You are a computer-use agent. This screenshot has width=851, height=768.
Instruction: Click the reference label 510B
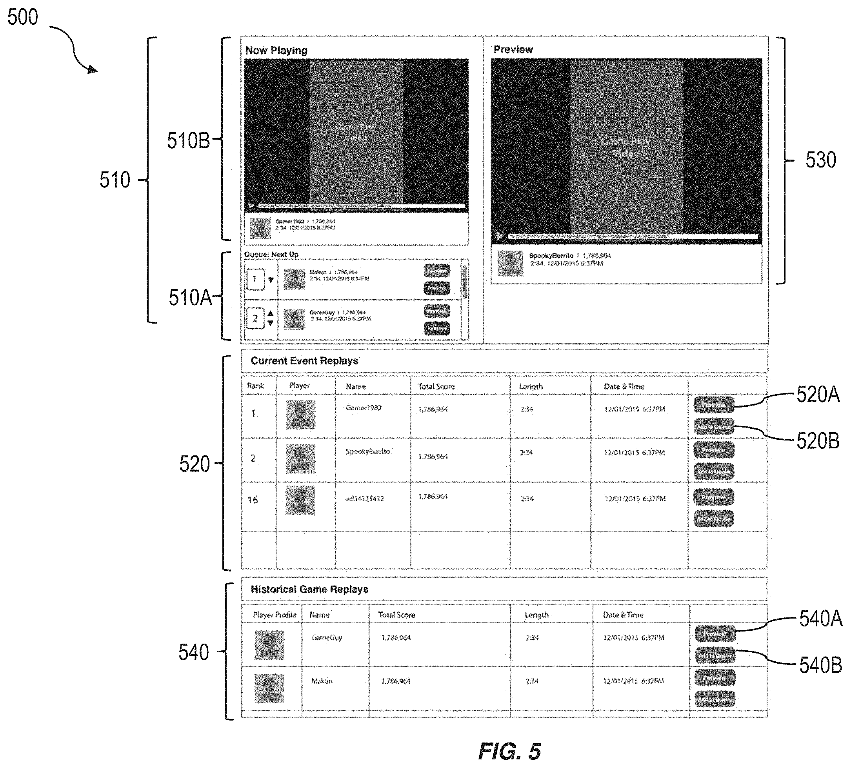click(188, 140)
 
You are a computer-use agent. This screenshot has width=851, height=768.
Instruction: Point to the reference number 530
click(820, 160)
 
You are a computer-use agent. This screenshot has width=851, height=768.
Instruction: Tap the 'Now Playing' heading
click(276, 50)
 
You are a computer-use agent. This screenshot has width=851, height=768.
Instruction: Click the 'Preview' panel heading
click(513, 49)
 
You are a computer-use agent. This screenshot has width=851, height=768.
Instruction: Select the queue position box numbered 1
click(255, 279)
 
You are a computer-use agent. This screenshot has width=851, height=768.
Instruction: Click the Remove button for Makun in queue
click(437, 288)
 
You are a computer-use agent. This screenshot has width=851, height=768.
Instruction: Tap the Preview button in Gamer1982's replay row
click(713, 405)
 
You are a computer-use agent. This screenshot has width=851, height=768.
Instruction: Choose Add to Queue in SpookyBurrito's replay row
click(713, 471)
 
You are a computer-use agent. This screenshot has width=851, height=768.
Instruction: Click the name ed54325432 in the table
click(365, 499)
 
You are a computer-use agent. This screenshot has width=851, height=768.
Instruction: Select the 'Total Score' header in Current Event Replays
click(436, 386)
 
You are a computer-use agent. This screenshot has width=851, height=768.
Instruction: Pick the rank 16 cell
click(253, 500)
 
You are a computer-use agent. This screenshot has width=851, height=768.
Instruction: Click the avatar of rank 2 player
click(300, 459)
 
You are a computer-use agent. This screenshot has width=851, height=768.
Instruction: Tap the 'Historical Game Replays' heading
click(309, 589)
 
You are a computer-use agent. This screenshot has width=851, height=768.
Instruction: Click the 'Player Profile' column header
click(274, 615)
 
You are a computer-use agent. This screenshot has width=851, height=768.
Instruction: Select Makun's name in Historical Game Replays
click(322, 681)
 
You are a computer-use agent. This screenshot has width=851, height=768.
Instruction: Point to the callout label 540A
click(820, 619)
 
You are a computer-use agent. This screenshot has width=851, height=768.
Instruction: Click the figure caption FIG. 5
click(509, 751)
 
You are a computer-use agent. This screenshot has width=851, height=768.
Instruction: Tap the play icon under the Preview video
click(500, 236)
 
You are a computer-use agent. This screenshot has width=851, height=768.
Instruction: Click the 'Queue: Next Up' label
click(271, 254)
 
